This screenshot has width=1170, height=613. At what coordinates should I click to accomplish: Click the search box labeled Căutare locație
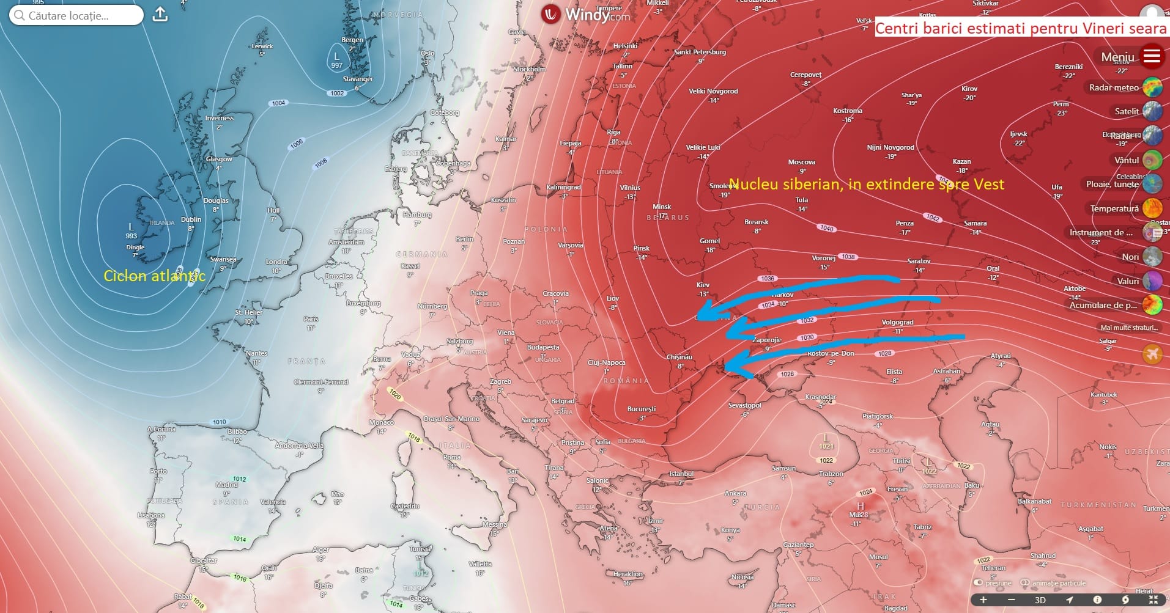pos(76,15)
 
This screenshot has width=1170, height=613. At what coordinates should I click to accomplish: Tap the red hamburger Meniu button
pos(1152,56)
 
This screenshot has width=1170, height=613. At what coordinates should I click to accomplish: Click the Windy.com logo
pos(586,14)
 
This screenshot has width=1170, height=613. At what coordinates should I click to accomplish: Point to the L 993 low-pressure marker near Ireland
pos(131,230)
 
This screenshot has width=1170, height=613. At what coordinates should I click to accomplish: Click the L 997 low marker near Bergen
pos(336,60)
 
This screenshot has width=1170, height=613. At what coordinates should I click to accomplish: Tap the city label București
pos(641,409)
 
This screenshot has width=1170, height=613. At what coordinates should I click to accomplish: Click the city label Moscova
pos(801,162)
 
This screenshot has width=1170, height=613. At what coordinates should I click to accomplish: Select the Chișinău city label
pos(679,357)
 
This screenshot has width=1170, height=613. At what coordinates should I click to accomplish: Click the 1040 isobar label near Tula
pos(827,228)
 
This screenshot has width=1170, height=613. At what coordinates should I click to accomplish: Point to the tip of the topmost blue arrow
pos(699,318)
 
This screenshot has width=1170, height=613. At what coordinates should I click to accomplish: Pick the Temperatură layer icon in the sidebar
pos(1152,208)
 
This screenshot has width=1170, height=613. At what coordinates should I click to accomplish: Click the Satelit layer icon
pos(1152,111)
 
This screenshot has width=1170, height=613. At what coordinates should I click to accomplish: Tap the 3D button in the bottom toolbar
pos(1040,600)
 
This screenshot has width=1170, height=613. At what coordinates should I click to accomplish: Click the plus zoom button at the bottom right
pos(983,600)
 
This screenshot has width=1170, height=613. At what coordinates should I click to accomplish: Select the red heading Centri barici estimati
pos(1020,28)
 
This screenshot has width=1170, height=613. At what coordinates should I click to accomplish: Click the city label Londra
pos(276,262)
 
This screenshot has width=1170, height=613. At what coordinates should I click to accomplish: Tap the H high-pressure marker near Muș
pos(860,506)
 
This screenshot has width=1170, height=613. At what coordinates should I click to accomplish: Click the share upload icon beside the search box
pos(160,15)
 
